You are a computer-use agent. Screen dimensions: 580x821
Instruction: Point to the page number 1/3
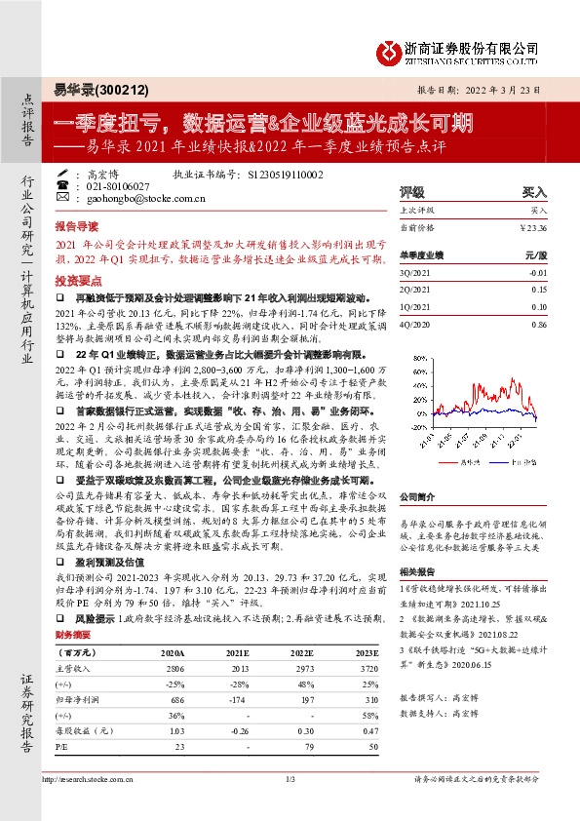click(x=290, y=807)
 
